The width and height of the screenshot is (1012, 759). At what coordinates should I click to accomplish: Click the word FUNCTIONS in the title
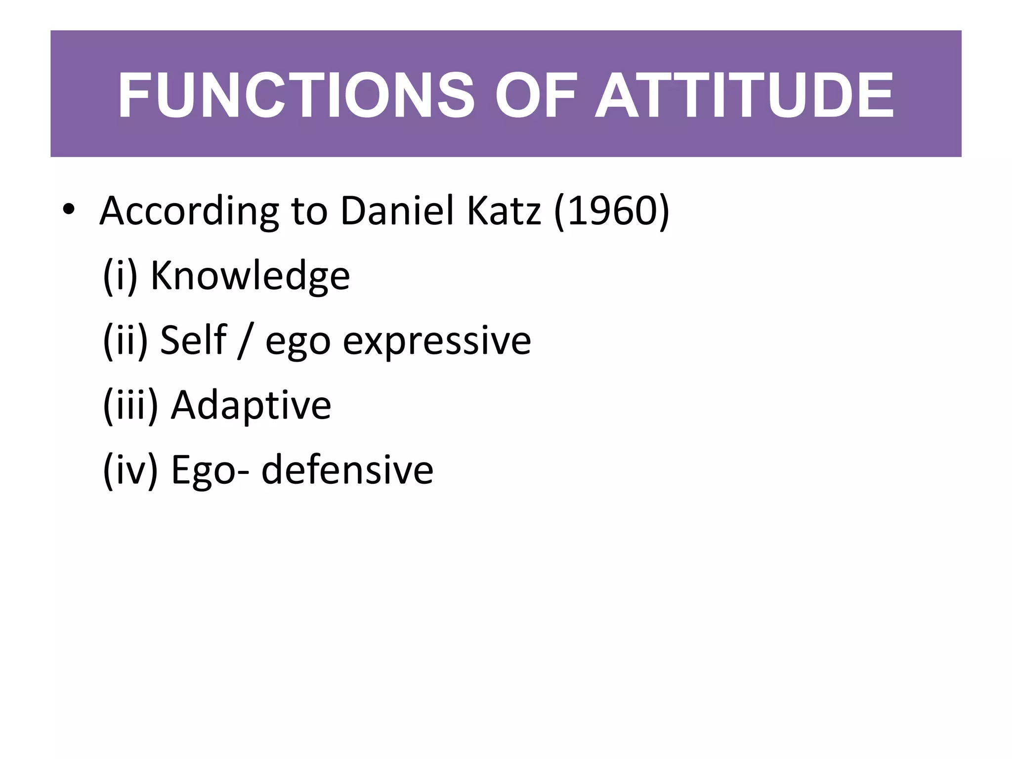tap(295, 95)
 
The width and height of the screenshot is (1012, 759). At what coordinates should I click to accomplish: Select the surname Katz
tap(504, 211)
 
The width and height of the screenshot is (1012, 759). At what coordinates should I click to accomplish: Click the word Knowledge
tap(250, 276)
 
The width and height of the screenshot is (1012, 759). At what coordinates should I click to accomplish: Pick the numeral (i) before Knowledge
tap(120, 276)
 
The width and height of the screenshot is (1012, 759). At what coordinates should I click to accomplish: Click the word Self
tap(193, 340)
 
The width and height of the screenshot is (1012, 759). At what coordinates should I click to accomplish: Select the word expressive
tap(437, 341)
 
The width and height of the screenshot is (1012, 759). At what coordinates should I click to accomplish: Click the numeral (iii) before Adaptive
tap(130, 405)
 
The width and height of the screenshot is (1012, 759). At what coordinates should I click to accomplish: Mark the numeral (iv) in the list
tap(130, 470)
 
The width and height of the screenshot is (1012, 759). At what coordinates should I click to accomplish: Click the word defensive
tap(347, 470)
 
